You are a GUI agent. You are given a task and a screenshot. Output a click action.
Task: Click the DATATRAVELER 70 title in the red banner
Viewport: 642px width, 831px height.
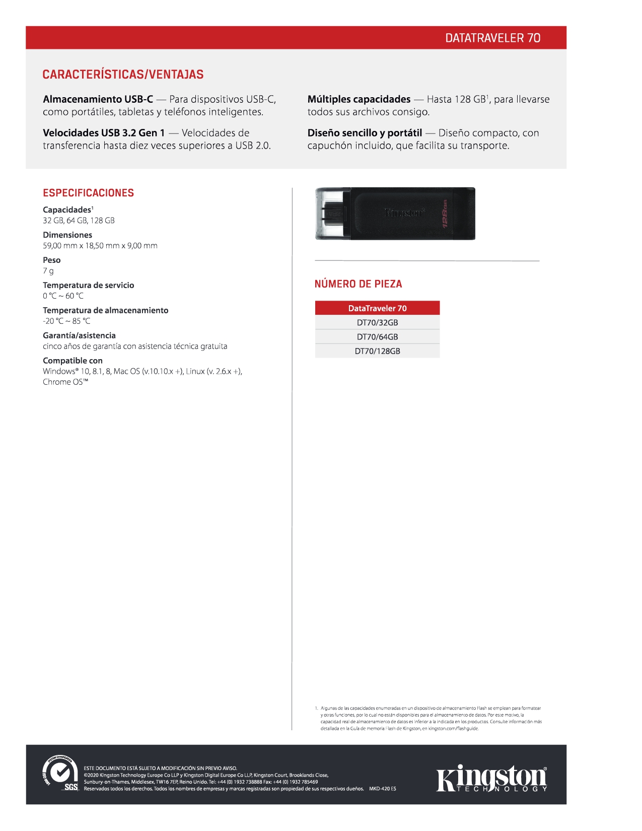(x=492, y=38)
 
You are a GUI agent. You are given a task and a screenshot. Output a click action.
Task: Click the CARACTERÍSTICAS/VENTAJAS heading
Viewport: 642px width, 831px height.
(x=123, y=75)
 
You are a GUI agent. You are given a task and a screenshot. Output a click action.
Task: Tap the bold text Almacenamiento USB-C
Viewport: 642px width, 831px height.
(x=98, y=99)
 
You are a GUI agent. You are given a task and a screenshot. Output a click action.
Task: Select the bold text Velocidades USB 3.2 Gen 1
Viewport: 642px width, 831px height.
(x=104, y=133)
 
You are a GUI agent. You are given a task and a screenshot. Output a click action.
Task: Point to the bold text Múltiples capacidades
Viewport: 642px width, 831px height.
(x=359, y=99)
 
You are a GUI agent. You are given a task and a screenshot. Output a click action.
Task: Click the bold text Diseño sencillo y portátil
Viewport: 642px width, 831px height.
(x=365, y=133)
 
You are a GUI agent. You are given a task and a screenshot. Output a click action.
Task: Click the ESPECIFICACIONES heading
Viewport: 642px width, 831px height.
(x=88, y=193)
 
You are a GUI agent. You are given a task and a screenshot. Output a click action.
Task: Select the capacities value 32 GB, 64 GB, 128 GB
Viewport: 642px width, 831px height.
(x=79, y=221)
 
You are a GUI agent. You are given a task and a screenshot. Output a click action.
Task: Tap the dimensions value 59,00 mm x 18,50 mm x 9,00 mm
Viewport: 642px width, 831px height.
(x=100, y=246)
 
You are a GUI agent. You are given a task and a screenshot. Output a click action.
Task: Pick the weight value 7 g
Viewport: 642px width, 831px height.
(x=48, y=271)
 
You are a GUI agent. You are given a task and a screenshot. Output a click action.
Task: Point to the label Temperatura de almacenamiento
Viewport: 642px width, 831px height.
(x=105, y=310)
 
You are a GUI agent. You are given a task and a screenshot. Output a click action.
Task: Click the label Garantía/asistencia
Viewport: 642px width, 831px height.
(x=79, y=335)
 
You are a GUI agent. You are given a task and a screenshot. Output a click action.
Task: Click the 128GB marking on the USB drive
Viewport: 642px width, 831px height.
(x=445, y=214)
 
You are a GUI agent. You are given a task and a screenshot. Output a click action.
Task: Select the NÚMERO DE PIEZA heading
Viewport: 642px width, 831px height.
(x=358, y=284)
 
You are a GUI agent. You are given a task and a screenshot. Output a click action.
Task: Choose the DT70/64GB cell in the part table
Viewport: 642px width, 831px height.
(x=377, y=337)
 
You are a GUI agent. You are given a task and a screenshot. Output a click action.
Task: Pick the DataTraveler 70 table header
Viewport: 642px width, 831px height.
(x=377, y=308)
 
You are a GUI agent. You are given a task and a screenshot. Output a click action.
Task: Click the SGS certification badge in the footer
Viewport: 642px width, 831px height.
(x=60, y=774)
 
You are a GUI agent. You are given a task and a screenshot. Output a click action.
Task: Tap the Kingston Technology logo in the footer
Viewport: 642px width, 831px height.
(x=491, y=779)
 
